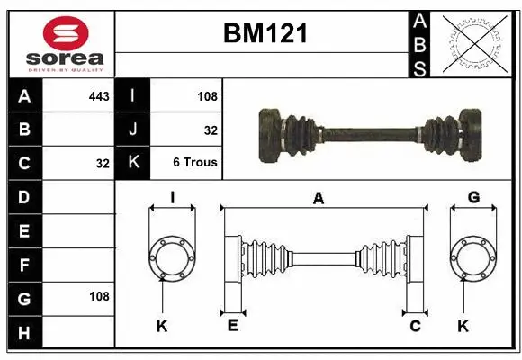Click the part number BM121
[265, 33]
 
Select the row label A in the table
[24, 94]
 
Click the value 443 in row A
[98, 95]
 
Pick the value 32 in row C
[102, 164]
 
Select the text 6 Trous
[195, 164]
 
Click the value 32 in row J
[211, 130]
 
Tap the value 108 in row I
[207, 95]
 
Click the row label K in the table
[133, 164]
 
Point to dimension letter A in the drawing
[318, 199]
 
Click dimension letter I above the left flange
[172, 197]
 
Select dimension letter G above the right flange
[473, 197]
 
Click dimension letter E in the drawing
[232, 326]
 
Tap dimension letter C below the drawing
[415, 326]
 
